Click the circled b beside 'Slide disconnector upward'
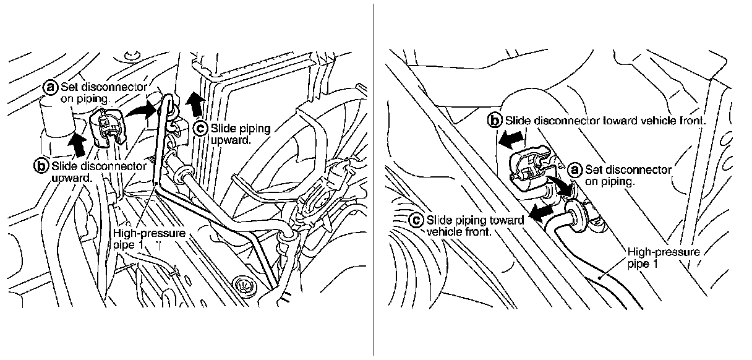[x=41, y=166]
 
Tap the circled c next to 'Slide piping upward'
[x=200, y=129]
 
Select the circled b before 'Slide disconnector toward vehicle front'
[x=495, y=121]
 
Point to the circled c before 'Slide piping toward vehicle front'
[x=416, y=220]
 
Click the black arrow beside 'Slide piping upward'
[x=195, y=105]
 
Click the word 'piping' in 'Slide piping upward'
[x=252, y=129]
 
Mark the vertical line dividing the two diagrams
[x=374, y=179]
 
